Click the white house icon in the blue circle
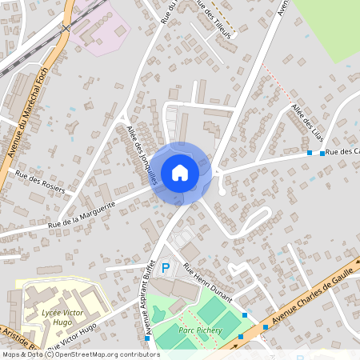click(x=180, y=173)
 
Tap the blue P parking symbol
click(x=166, y=269)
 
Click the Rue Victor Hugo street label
click(x=72, y=338)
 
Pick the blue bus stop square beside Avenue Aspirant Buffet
click(x=147, y=338)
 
